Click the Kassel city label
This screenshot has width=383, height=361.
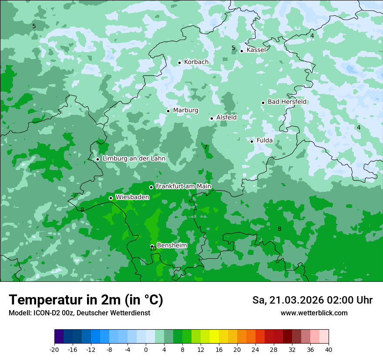(x=256, y=50)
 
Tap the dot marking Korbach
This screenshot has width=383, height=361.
(x=179, y=63)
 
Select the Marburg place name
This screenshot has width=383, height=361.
(x=185, y=110)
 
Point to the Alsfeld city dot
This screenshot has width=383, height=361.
(x=212, y=118)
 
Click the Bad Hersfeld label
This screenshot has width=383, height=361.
(x=287, y=102)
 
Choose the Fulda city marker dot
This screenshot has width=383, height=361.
(x=252, y=141)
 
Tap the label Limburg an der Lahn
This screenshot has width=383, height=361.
(x=134, y=159)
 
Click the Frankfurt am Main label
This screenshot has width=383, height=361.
(x=183, y=187)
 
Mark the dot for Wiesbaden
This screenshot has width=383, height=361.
(x=111, y=198)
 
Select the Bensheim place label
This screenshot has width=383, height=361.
(x=171, y=246)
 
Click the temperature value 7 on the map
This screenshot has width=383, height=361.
(x=205, y=147)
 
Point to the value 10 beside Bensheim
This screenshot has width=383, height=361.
(x=152, y=249)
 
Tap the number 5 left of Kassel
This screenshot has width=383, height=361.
(x=233, y=48)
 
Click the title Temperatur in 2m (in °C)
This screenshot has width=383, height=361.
(x=86, y=300)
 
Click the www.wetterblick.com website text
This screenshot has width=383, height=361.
(x=314, y=313)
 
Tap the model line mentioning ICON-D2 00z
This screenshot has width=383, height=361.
(x=79, y=313)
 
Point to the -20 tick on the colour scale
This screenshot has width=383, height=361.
(x=54, y=350)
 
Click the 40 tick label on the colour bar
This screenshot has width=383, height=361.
(x=328, y=350)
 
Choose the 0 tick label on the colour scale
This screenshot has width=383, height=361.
(x=146, y=350)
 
